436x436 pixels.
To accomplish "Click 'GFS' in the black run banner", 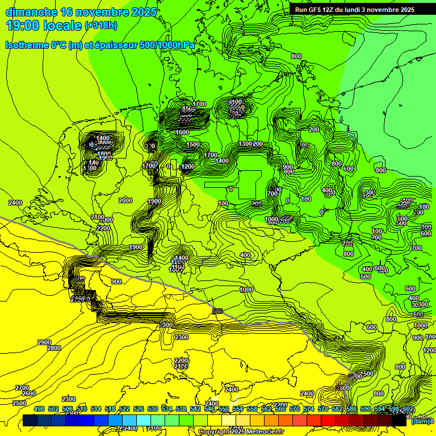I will [x=317, y=10].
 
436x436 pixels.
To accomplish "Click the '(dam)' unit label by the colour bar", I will [x=420, y=421].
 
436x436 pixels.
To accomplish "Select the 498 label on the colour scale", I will [x=39, y=409].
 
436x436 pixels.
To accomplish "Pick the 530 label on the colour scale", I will [x=153, y=409].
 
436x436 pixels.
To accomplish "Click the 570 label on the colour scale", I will [x=295, y=409].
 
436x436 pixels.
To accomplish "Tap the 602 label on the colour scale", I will [x=408, y=409].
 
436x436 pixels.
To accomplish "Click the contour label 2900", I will [x=44, y=342].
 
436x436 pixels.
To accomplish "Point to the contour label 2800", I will [x=54, y=348].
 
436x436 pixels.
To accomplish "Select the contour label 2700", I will [x=22, y=387].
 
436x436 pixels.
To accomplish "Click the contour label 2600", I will [x=28, y=393].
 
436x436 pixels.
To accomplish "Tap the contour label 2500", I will [x=19, y=403].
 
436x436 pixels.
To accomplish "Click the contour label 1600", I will [x=182, y=132].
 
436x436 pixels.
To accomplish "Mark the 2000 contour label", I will [x=125, y=200].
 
